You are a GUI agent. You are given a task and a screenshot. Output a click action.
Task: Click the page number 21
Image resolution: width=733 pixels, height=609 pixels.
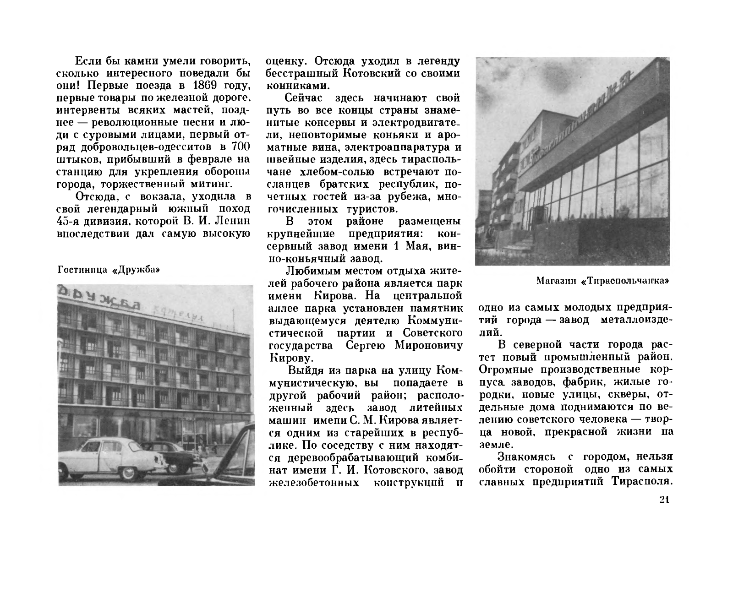[x=665, y=500]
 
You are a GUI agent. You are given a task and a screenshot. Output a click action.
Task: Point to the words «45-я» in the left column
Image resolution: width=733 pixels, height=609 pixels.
[x=70, y=222]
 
